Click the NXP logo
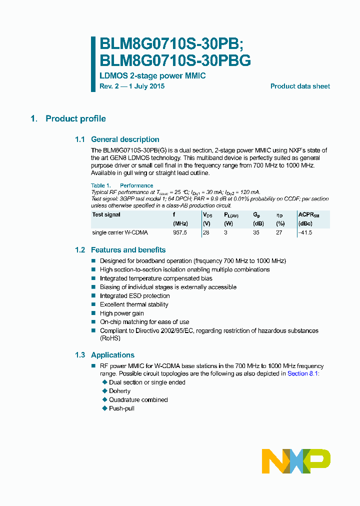tap(296, 460)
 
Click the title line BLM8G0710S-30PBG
tap(175, 61)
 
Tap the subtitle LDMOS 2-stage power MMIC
tap(152, 76)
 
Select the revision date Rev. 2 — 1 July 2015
tap(132, 86)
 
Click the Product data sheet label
tap(300, 86)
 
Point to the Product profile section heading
tap(75, 119)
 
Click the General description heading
tap(125, 139)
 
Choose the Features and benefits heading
tap(128, 250)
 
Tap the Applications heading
tap(112, 355)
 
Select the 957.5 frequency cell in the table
tap(180, 233)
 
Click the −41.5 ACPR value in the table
tap(305, 233)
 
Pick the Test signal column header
tap(106, 214)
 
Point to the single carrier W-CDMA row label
tap(120, 233)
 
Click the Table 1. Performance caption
tap(122, 185)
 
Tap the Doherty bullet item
tap(119, 391)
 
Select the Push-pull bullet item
tap(121, 408)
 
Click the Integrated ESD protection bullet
tap(134, 296)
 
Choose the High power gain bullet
tap(121, 313)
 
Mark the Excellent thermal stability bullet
tap(134, 304)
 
